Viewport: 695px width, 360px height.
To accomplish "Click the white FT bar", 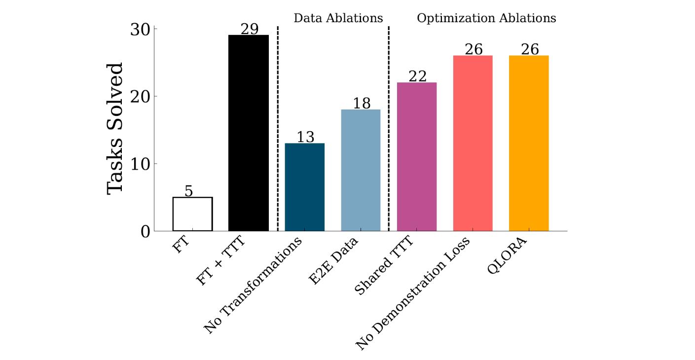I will [x=192, y=214].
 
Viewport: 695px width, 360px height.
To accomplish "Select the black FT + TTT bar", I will [x=249, y=133].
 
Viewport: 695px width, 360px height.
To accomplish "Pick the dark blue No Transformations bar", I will [x=305, y=187].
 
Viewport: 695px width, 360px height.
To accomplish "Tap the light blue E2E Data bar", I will [x=361, y=170].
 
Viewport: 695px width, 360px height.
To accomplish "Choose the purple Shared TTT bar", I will [x=417, y=157].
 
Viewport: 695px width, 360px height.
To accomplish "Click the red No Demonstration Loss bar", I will [x=473, y=143].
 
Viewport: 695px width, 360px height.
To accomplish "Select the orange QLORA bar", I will [x=529, y=143].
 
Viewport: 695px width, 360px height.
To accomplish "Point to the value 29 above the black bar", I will [x=249, y=29].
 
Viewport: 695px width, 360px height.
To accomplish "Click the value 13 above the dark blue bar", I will [x=305, y=137].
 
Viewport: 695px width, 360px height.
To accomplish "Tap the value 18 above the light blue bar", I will [x=362, y=104].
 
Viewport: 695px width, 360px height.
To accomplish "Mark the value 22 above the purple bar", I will [x=417, y=76].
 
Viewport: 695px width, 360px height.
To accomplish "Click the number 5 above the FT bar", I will [x=189, y=191].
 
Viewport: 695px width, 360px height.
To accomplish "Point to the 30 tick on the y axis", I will [x=141, y=29].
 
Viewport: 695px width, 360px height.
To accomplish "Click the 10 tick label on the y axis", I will [x=141, y=164].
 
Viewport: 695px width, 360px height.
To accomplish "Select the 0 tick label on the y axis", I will [x=145, y=231].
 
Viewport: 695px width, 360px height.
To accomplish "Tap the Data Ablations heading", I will [x=338, y=18].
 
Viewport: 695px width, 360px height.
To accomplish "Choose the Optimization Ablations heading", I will [x=486, y=18].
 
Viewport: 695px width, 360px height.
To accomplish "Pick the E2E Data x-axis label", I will [x=333, y=261].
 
